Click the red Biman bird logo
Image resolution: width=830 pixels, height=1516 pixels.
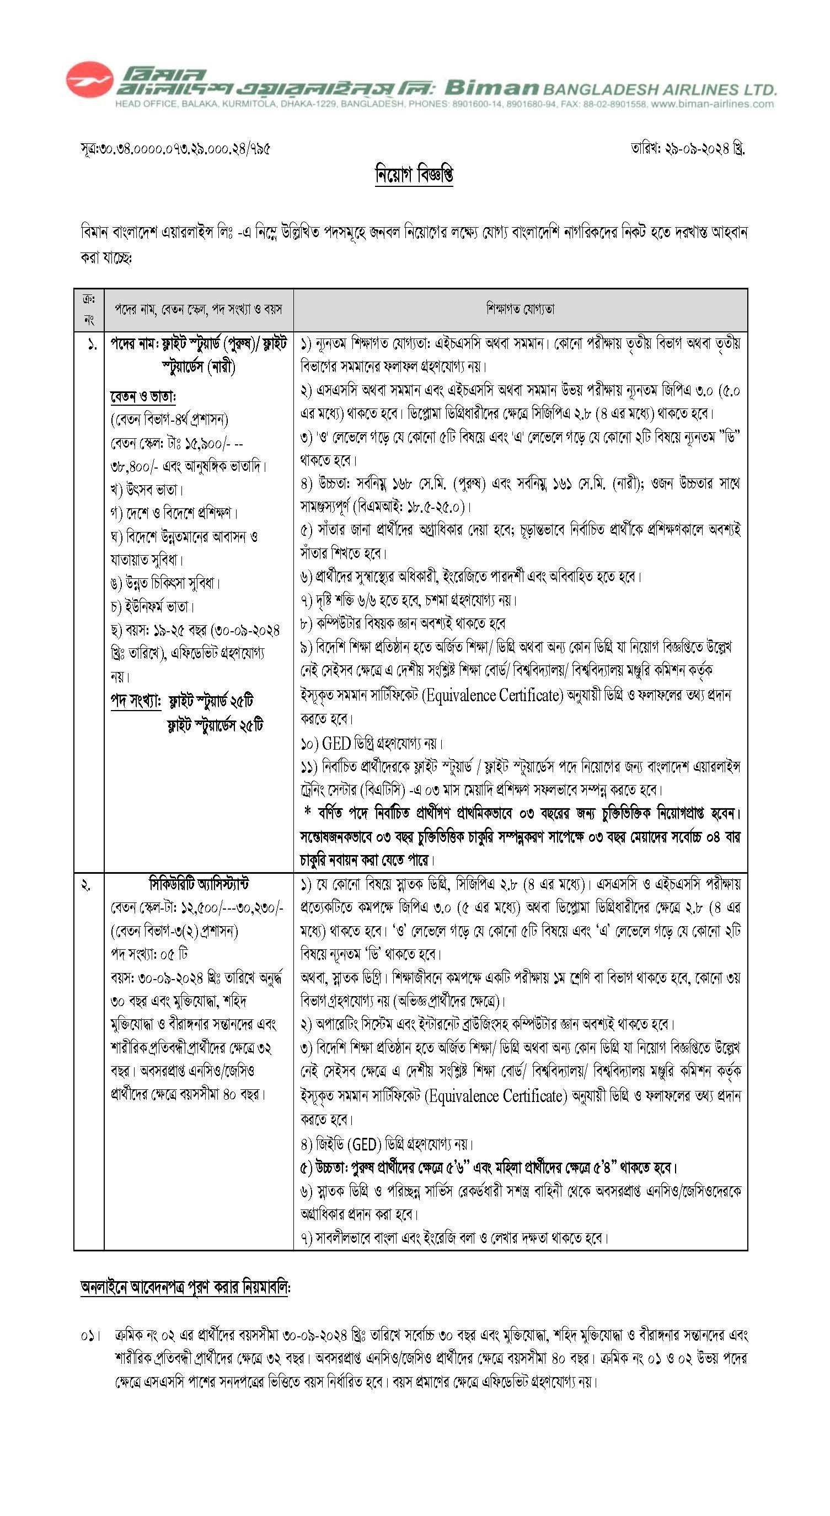tap(89, 80)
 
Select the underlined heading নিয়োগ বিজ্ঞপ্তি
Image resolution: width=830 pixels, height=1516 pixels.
tap(414, 175)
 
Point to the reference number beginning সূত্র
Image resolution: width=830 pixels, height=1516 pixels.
tap(175, 149)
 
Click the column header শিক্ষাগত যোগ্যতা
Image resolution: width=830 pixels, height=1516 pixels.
tap(521, 309)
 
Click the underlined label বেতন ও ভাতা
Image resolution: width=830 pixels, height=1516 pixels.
tap(143, 397)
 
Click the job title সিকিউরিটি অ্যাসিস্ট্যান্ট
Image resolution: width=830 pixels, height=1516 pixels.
tap(199, 884)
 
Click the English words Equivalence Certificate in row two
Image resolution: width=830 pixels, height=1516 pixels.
tap(496, 1096)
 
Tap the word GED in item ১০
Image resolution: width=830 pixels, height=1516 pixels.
tap(336, 743)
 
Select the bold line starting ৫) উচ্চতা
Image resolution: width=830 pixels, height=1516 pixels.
tap(489, 1167)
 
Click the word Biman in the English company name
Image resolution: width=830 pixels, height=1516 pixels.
tap(491, 88)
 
